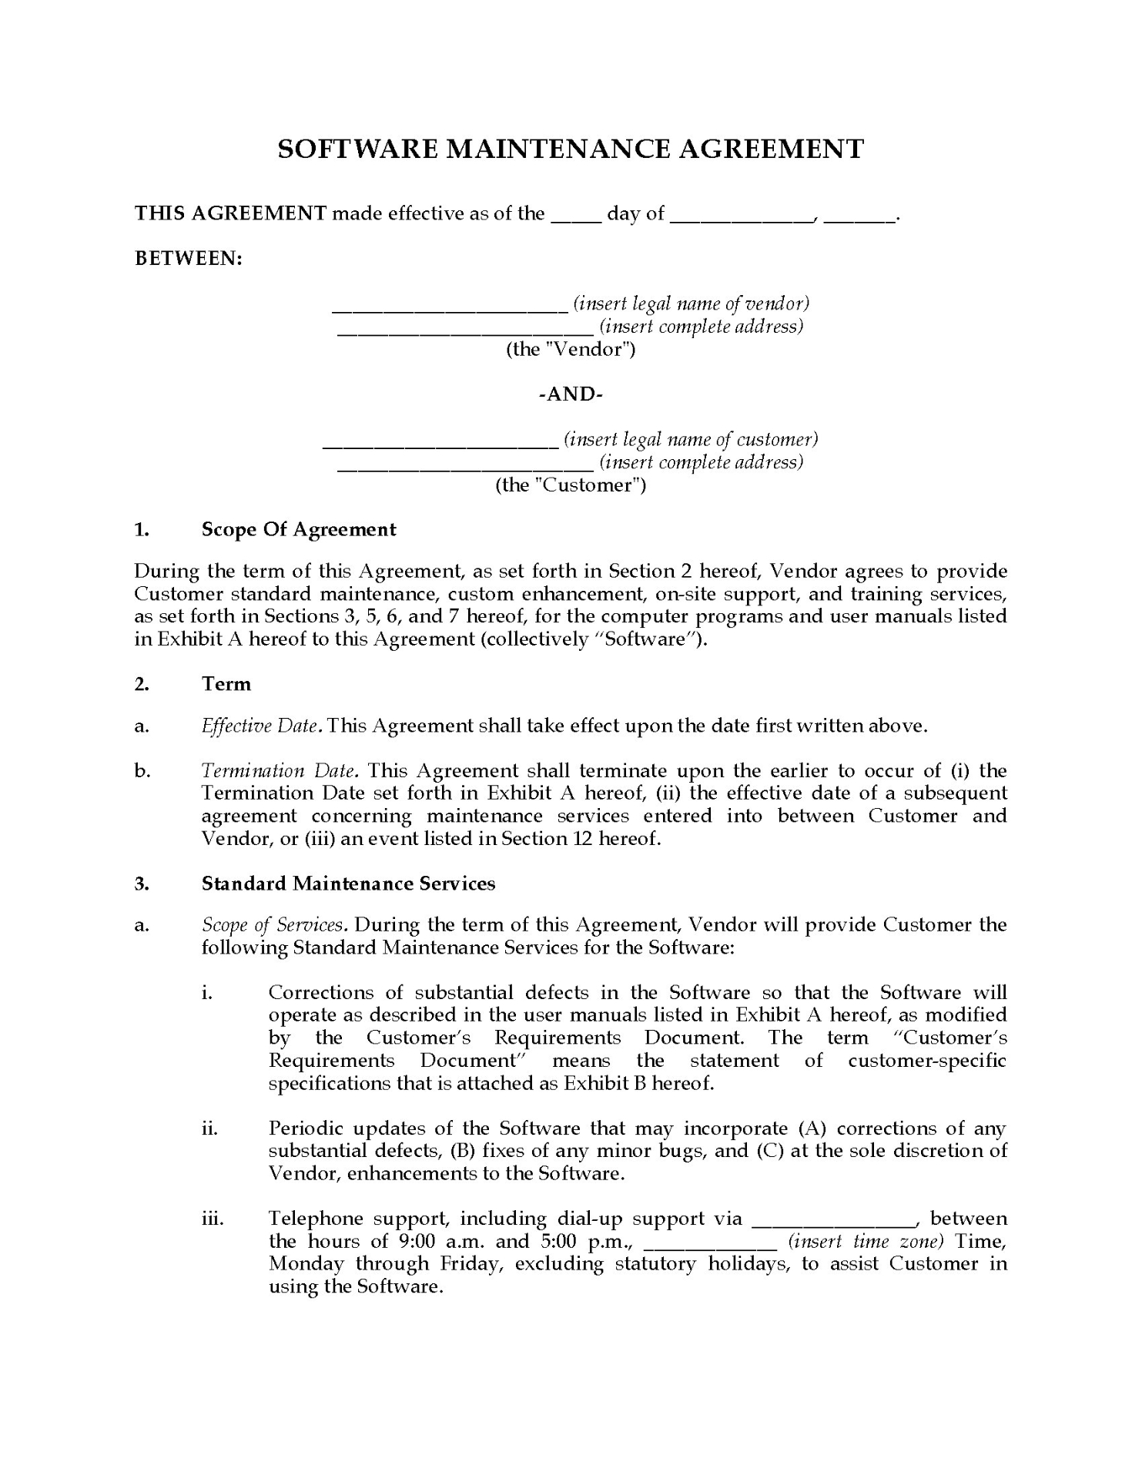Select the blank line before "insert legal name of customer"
click(440, 445)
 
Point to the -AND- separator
click(571, 394)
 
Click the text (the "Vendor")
click(571, 350)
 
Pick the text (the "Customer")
click(571, 485)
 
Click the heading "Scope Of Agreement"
click(299, 529)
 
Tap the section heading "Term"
click(226, 684)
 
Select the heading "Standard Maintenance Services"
click(348, 884)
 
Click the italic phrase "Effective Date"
click(260, 726)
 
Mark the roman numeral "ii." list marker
click(209, 1129)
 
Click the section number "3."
click(142, 884)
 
